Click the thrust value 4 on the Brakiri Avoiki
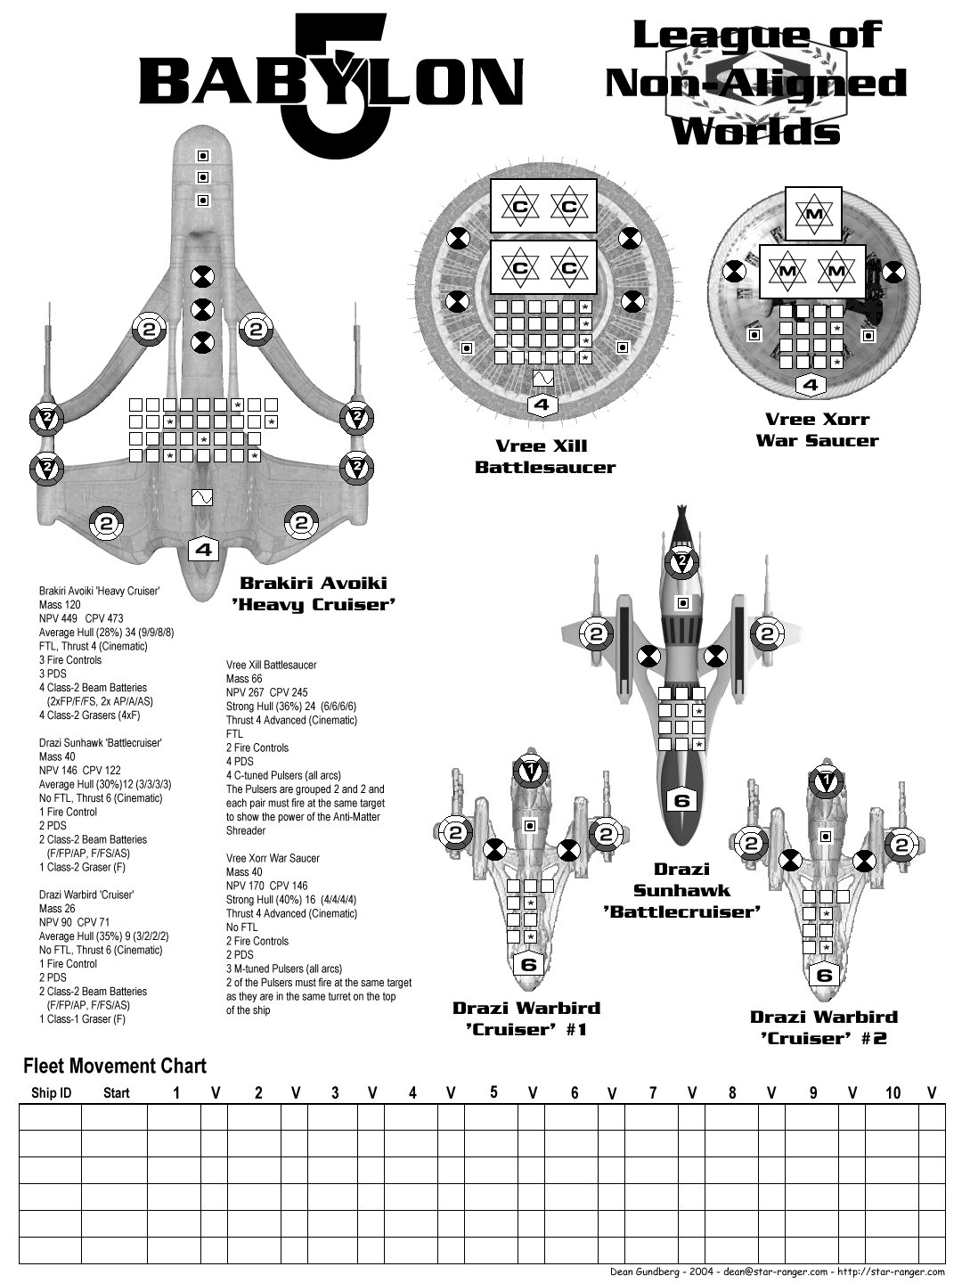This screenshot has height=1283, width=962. pos(204,550)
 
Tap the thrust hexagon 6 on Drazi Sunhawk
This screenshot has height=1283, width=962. pos(681,800)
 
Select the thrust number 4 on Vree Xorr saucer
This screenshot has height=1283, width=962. pos(810,386)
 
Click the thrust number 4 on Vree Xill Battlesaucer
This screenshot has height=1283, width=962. pos(542,405)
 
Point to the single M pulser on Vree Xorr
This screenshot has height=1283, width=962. pos(813,214)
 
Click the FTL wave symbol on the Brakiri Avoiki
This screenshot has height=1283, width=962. pos(202,497)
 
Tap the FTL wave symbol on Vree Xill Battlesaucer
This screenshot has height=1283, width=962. pos(542,379)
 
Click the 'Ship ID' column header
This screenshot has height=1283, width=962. pos(51,1093)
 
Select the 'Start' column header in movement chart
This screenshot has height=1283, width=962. pos(116,1093)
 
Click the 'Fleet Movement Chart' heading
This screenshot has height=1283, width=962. pos(114,1066)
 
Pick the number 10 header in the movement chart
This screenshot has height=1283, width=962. pos(893,1092)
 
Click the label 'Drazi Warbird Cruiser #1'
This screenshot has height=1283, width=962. pos(526,1018)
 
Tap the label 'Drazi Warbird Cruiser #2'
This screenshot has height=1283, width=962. pos(824,1027)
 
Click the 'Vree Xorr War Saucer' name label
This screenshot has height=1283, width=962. pos(817,429)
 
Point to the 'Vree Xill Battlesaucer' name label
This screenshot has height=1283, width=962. pos(545,456)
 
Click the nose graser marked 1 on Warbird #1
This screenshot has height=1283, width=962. pos(530,769)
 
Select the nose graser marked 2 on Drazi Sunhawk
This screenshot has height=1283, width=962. pos(681,561)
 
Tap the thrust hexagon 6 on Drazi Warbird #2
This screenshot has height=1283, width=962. pos(824,975)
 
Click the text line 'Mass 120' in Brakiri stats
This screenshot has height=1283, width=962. pos(60,605)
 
